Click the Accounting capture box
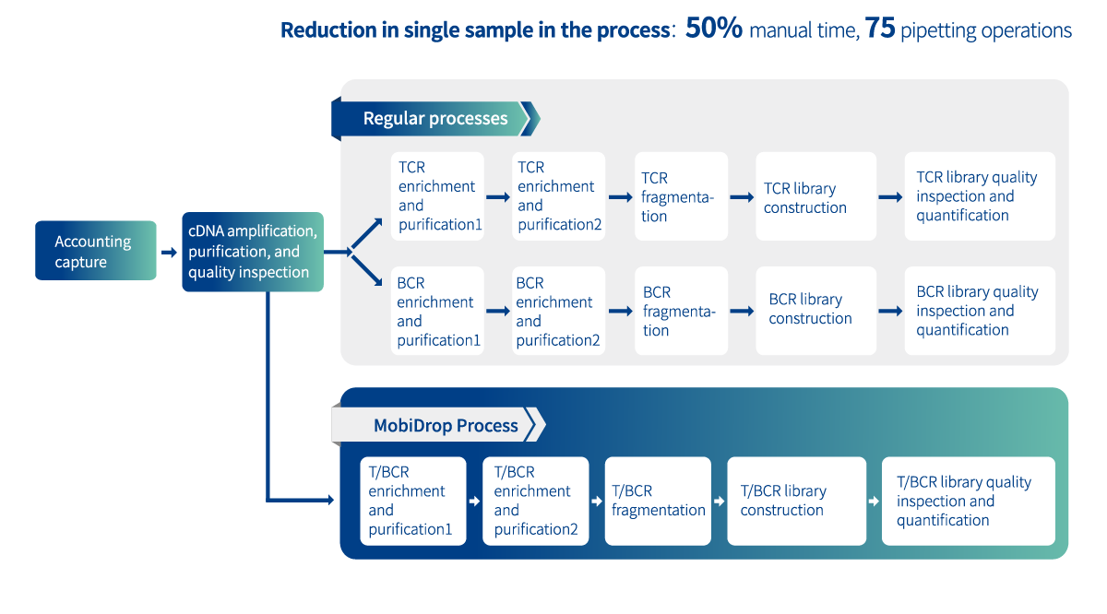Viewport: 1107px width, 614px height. pyautogui.click(x=96, y=251)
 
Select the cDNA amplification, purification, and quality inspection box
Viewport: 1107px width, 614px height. pyautogui.click(x=253, y=252)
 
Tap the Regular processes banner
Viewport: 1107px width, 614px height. pyautogui.click(x=435, y=119)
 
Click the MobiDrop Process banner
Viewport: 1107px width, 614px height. pyautogui.click(x=438, y=425)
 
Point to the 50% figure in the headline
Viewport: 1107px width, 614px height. pyautogui.click(x=714, y=28)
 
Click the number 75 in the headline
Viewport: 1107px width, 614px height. pyautogui.click(x=880, y=28)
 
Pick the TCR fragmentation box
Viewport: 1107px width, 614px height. pyautogui.click(x=681, y=196)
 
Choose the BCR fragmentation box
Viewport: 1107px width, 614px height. pyautogui.click(x=681, y=311)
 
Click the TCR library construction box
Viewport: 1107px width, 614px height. pyautogui.click(x=815, y=196)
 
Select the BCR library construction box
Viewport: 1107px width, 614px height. pyautogui.click(x=815, y=311)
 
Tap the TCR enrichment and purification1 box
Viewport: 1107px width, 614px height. pyautogui.click(x=437, y=196)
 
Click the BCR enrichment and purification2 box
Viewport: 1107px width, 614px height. pyautogui.click(x=558, y=311)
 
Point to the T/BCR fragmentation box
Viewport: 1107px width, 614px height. pyautogui.click(x=658, y=501)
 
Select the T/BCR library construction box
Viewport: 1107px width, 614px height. pyautogui.click(x=797, y=501)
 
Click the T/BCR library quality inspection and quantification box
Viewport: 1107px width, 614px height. pyautogui.click(x=968, y=501)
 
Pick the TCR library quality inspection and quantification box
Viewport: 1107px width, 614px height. pyautogui.click(x=980, y=196)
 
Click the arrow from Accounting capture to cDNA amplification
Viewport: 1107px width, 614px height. pyautogui.click(x=169, y=253)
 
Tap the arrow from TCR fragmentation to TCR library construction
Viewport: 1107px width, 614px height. pyautogui.click(x=742, y=197)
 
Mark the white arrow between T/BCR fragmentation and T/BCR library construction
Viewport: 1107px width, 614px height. pyautogui.click(x=720, y=502)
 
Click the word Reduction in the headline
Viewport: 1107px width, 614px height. pyautogui.click(x=328, y=30)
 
